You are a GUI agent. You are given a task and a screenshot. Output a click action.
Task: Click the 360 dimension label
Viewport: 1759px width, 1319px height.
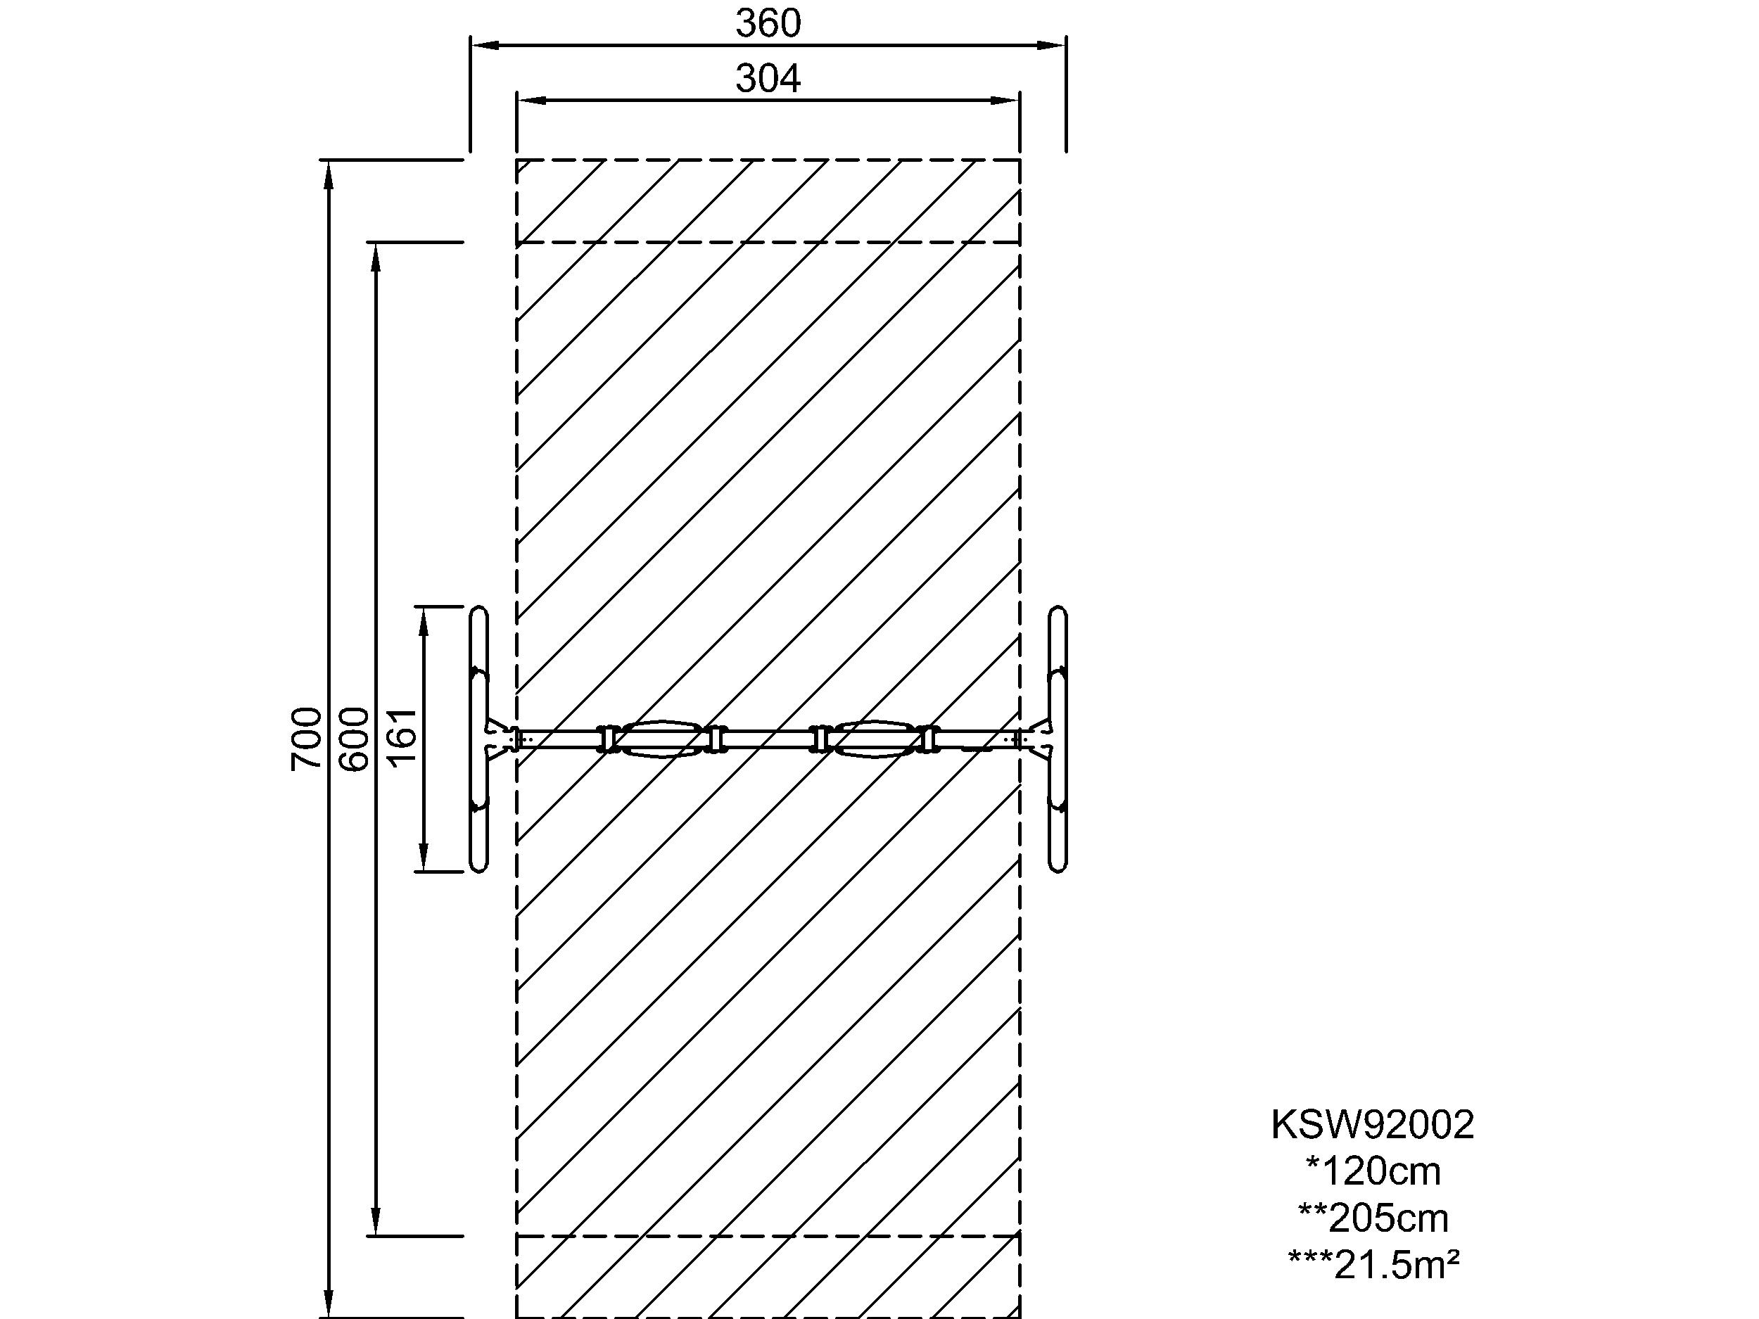pos(768,24)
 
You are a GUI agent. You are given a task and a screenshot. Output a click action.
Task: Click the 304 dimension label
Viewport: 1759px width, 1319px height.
pos(768,79)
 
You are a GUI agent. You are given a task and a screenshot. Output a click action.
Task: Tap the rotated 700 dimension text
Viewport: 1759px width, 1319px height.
pos(307,739)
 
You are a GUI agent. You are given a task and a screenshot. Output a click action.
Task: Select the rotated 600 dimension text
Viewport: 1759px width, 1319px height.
pos(355,739)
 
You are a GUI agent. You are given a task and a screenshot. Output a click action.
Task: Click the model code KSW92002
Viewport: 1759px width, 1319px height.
pos(1373,1125)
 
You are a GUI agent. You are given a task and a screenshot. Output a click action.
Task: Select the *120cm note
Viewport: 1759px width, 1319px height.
pos(1373,1171)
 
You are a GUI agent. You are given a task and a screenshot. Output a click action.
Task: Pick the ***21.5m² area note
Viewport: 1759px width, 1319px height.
pos(1373,1265)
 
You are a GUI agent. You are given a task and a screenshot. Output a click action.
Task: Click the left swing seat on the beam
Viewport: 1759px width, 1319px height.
pos(661,739)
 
